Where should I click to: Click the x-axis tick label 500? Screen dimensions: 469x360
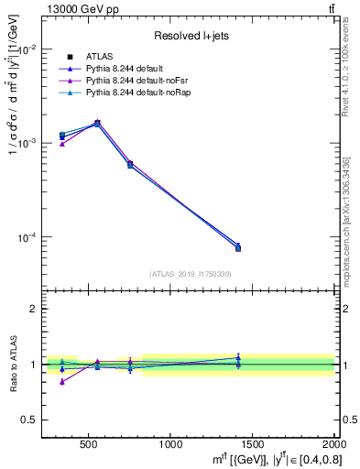click(89, 446)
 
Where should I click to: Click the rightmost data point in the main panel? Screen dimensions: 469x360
click(238, 248)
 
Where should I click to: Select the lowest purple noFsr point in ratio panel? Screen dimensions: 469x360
click(62, 381)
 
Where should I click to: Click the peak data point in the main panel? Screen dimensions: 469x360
click(97, 123)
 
